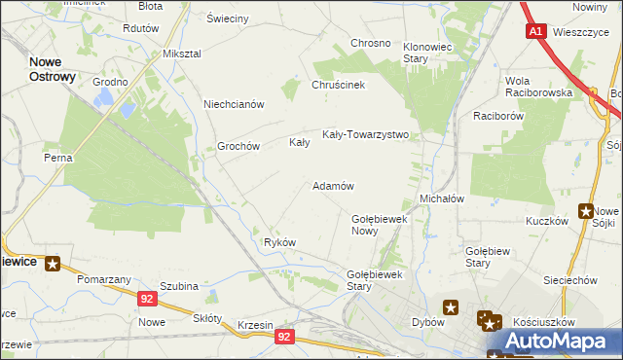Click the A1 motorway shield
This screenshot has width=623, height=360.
coord(536,31)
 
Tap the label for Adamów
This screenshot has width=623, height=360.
coord(332,185)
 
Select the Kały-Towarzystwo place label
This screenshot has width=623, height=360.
coord(365,135)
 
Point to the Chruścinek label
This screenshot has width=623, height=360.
coord(338,85)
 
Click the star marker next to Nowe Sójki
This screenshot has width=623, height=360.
coord(586,210)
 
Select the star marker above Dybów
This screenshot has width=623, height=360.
coord(451,307)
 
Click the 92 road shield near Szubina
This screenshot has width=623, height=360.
coord(147,300)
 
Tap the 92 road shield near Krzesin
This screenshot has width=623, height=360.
coord(283,337)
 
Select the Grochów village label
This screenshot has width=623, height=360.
coord(238,146)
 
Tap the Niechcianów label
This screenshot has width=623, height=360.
coord(234,104)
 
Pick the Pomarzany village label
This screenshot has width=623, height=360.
coord(105,279)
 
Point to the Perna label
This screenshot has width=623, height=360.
coord(57,157)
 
